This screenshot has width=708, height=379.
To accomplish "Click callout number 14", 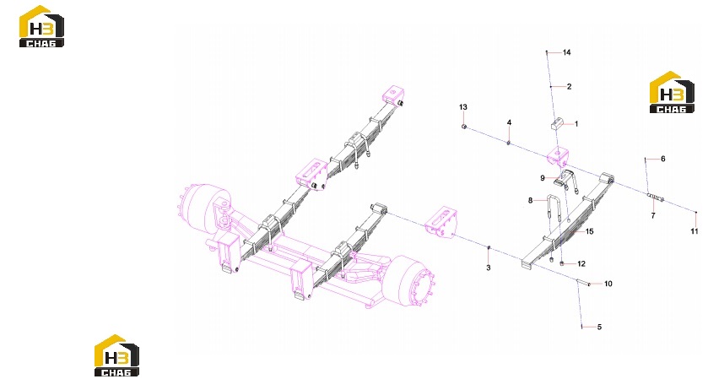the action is [567, 52].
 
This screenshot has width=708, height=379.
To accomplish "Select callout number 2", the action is [569, 86].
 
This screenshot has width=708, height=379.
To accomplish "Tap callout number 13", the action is [463, 107].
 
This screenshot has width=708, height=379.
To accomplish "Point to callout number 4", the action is [510, 122].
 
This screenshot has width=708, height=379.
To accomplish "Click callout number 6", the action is [662, 159].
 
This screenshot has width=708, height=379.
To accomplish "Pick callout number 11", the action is [694, 231].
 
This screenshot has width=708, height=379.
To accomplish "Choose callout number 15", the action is [590, 231].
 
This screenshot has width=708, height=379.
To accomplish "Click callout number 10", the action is [608, 284].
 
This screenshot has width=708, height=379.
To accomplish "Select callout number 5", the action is [599, 327].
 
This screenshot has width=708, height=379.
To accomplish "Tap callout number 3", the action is [488, 268].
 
